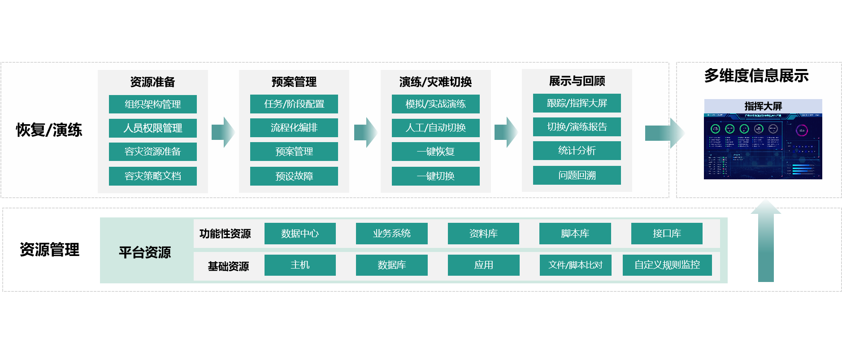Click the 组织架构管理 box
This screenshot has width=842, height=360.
pos(152,104)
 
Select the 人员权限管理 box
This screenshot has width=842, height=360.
pos(152,128)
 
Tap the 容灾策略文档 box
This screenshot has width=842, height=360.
pos(152,176)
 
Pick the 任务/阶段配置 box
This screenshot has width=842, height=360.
pos(294,104)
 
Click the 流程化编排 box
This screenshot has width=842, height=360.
pos(294,127)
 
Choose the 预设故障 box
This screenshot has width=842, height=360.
pos(294,176)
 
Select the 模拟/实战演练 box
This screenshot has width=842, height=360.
pos(435,104)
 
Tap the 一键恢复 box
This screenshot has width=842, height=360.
pos(435,152)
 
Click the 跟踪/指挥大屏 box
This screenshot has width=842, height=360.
pos(577,103)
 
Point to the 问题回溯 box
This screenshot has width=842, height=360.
pos(577,175)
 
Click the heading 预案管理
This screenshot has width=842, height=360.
pos(294,82)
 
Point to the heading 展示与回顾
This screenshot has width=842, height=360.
pos(577,81)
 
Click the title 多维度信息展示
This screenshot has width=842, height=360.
pos(756,76)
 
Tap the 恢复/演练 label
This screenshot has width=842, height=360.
pos(49,130)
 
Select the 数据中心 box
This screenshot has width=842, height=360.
pos(300,233)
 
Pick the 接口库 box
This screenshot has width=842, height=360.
pos(667,233)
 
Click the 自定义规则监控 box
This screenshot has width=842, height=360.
pos(667,265)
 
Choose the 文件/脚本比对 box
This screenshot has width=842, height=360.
pos(575,265)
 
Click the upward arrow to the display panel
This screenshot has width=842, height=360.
pos(766,242)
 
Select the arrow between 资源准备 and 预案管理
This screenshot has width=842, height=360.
pos(223,132)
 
